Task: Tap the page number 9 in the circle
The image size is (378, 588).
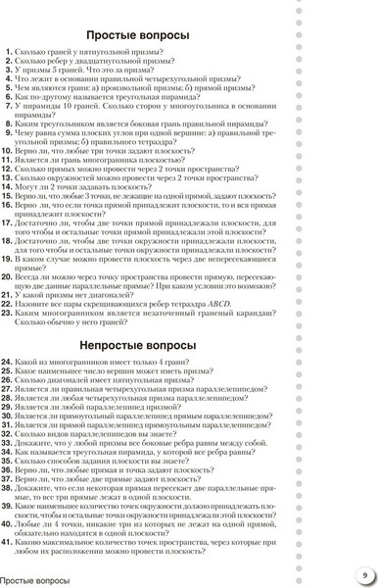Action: pyautogui.click(x=363, y=575)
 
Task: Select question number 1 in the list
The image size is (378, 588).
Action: pyautogui.click(x=9, y=53)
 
